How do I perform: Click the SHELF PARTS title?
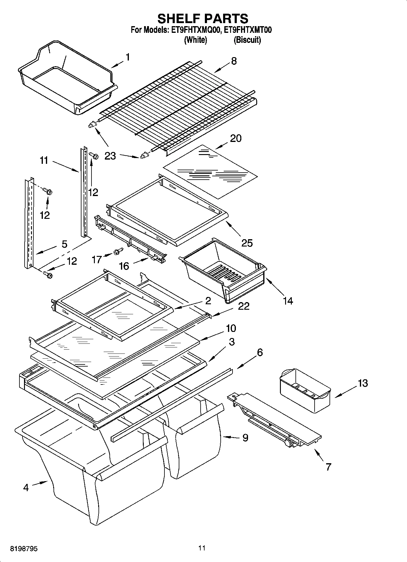coord(203,19)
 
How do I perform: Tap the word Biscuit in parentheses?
coord(247,40)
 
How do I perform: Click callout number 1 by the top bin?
coord(128,57)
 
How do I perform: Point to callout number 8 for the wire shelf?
coord(233,61)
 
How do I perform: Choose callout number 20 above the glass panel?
coord(236,138)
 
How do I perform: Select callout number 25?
coord(247,243)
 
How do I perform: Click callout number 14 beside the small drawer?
coord(288,301)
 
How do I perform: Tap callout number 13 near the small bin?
coord(362,383)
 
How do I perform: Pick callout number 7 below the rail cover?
coord(328,467)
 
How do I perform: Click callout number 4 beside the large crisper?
coord(26,488)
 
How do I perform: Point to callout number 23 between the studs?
coord(110,156)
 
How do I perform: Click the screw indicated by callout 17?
coord(118,251)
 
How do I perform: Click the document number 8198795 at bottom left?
coord(24,549)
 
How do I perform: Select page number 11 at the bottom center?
coord(202,548)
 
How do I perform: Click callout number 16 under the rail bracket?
coord(124,266)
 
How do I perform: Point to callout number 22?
coord(243,306)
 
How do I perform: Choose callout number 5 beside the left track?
coord(64,244)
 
